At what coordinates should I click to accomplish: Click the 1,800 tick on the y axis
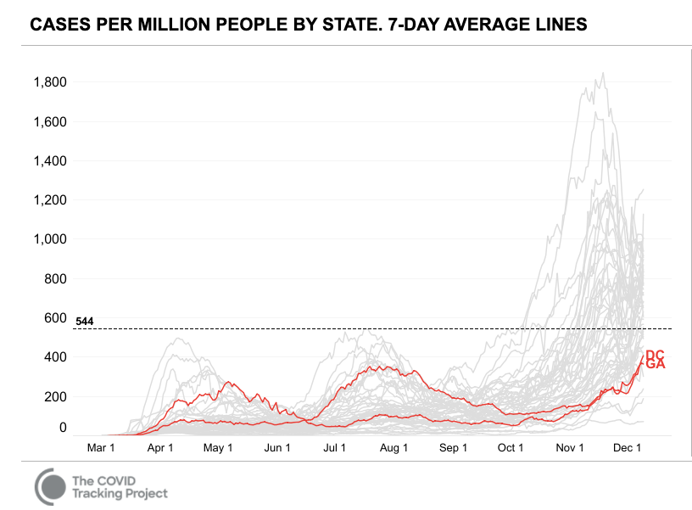click(x=50, y=82)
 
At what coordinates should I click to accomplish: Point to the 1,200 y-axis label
click(x=50, y=200)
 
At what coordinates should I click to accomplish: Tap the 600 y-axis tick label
click(x=56, y=318)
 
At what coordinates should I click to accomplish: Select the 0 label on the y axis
click(x=63, y=428)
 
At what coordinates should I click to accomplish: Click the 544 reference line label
click(x=85, y=322)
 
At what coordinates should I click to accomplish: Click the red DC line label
click(x=655, y=355)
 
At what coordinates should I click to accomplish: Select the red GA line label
click(x=655, y=364)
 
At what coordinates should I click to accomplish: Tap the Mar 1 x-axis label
click(x=102, y=448)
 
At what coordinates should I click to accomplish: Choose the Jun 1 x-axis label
click(x=277, y=448)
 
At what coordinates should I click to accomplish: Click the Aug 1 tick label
click(x=394, y=448)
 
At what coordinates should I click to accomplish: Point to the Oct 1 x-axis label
click(x=511, y=448)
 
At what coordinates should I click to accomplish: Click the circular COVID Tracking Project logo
click(x=51, y=486)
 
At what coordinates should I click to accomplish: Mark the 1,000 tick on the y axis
click(x=50, y=239)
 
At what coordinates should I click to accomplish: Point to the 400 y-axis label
click(x=56, y=357)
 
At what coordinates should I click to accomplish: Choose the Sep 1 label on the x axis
click(x=453, y=448)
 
